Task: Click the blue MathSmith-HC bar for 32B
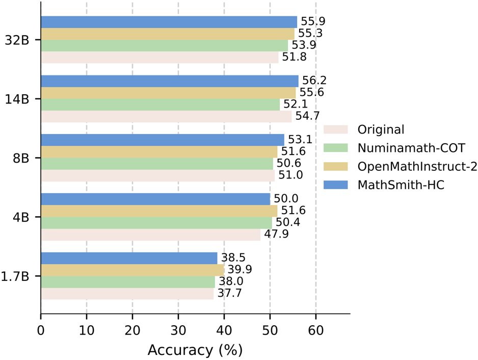coord(168,22)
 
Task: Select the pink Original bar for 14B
coord(166,117)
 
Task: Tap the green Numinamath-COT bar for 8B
coord(157,164)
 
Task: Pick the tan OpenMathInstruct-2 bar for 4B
coord(159,211)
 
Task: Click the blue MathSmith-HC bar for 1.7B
coord(129,258)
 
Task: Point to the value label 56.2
coord(314,81)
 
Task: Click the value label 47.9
coord(276,235)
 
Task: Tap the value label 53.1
coord(300,140)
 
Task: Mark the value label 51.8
coord(295,57)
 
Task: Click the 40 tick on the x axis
coord(224,330)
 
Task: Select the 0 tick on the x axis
coord(41,330)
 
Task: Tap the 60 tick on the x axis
coord(315,330)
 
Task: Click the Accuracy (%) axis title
coord(195,350)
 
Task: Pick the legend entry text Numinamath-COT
coord(411,148)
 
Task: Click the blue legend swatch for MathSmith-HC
coord(335,185)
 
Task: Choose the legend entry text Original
coord(381,130)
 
